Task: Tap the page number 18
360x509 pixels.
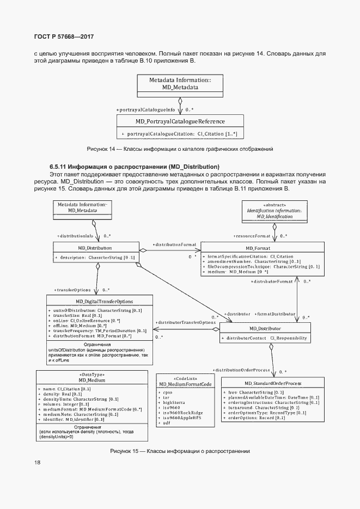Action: coord(37,462)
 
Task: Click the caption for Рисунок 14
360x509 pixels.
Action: coord(180,149)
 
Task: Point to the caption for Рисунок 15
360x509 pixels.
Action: coord(180,451)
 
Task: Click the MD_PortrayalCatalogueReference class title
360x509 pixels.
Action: coord(180,121)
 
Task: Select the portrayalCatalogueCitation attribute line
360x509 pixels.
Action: coord(179,133)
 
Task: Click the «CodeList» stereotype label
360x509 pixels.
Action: coord(185,379)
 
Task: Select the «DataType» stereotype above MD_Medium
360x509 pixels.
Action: coord(91,375)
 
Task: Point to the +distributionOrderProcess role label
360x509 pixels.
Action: coord(242,370)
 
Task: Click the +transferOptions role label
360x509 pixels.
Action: coord(72,290)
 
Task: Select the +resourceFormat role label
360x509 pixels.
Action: coord(252,236)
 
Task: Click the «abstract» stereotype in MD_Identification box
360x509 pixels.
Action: coord(274,205)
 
